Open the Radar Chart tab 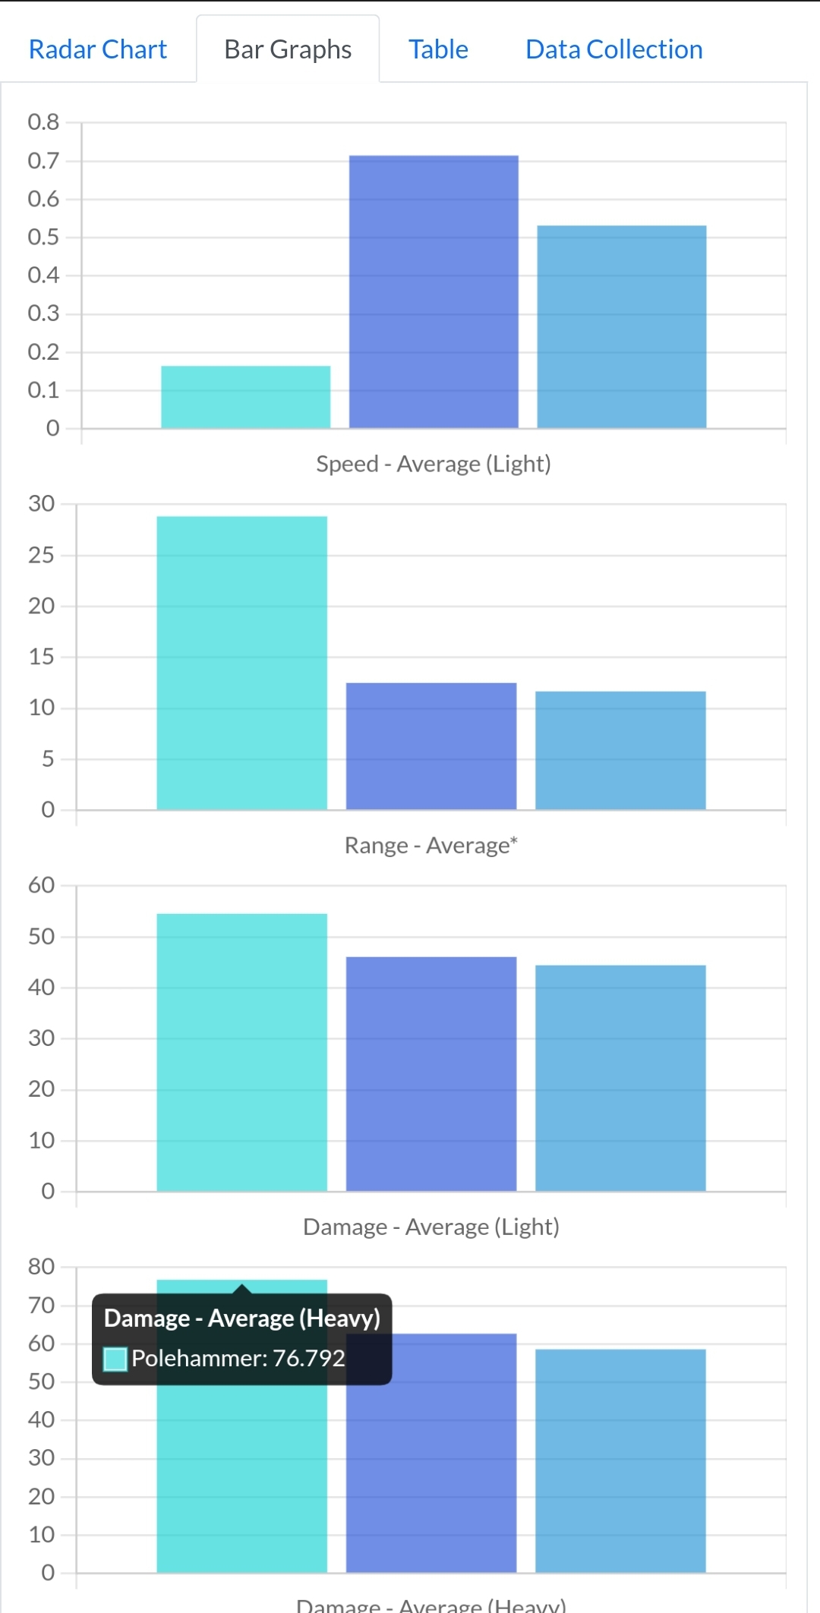tap(97, 49)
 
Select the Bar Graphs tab tap(288, 49)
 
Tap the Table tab tap(438, 49)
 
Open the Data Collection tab tap(613, 49)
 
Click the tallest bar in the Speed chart tap(434, 292)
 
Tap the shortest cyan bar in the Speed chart tap(245, 397)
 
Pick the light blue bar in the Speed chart tap(621, 327)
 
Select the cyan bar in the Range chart tap(241, 663)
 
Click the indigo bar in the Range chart tap(431, 746)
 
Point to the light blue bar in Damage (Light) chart tap(620, 1078)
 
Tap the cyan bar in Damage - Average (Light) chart tap(241, 1052)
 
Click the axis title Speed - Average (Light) tap(434, 464)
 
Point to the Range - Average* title tap(431, 846)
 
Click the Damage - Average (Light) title tap(431, 1227)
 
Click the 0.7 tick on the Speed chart tap(43, 161)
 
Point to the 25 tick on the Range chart tap(42, 555)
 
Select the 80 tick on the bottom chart tap(42, 1266)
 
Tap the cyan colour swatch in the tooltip tap(115, 1359)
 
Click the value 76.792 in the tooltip tap(309, 1358)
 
